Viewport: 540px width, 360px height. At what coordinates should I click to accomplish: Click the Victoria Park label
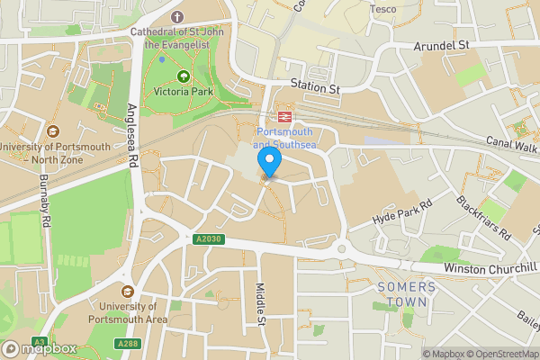(184, 91)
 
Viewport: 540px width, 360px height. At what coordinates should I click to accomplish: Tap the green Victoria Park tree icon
(184, 76)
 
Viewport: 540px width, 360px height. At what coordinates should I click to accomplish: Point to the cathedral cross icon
(176, 17)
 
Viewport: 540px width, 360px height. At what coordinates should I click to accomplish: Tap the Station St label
(314, 87)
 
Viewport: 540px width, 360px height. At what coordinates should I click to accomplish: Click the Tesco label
(383, 10)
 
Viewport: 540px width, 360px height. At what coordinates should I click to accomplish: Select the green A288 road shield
(127, 343)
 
